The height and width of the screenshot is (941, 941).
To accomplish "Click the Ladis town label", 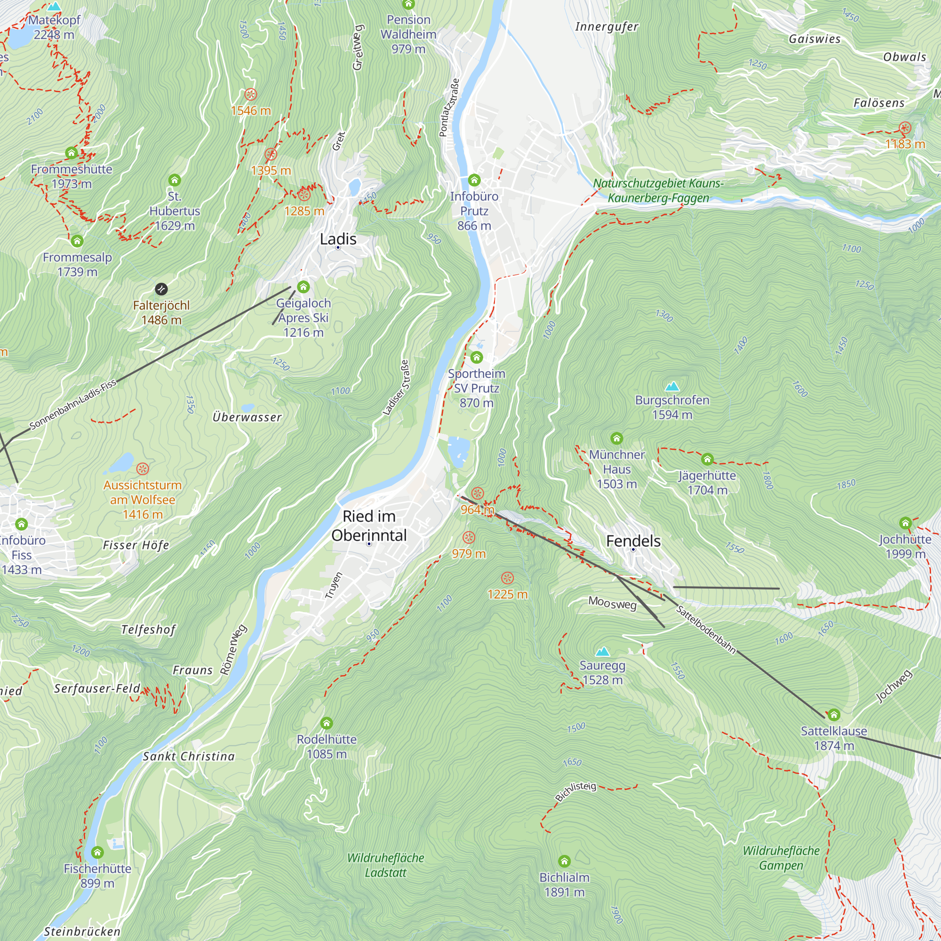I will click(x=338, y=239).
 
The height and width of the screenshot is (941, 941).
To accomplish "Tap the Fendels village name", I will click(x=633, y=541).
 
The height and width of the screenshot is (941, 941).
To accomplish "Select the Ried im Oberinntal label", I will click(x=369, y=526).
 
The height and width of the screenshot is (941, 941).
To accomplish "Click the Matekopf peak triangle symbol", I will click(x=54, y=7).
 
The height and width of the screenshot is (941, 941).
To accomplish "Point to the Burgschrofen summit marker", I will click(x=672, y=387).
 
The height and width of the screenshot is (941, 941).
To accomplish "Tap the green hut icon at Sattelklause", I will click(x=834, y=715).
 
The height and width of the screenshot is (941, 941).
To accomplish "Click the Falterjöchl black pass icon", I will click(x=161, y=289).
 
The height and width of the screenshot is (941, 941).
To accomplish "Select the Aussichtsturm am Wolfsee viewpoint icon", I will click(x=142, y=469).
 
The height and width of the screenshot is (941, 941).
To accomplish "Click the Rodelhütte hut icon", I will click(x=327, y=723).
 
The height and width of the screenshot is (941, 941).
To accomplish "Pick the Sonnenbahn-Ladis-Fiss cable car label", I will click(x=73, y=404).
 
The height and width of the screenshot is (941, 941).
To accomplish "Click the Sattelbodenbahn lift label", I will click(x=706, y=629).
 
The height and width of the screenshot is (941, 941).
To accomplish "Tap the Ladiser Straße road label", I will click(x=396, y=388).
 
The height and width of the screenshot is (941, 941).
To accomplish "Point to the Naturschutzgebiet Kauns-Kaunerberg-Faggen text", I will click(x=659, y=191).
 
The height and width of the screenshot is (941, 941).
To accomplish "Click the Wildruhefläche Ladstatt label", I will click(x=385, y=865).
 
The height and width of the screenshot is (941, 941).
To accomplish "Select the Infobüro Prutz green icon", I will click(x=474, y=180).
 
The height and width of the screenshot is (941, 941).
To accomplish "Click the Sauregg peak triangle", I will click(x=603, y=652).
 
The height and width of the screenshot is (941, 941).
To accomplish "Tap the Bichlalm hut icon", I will click(x=564, y=861).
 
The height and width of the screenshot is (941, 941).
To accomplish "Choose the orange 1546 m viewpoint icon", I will click(x=250, y=94).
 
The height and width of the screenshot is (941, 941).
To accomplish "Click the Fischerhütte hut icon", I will click(x=97, y=853).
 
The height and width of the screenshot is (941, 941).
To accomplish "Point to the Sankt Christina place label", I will click(x=189, y=757).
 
